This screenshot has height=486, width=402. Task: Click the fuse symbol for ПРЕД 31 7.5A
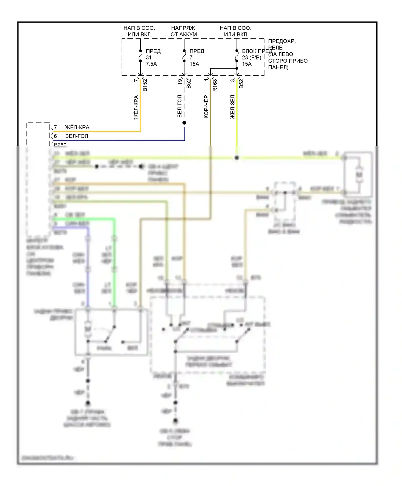tap(140, 56)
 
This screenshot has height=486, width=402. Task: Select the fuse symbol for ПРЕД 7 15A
tap(184, 56)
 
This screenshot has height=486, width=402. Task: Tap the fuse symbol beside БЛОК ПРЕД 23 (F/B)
tap(237, 56)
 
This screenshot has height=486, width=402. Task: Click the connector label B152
tap(145, 85)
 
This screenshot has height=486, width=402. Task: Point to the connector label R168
tap(215, 85)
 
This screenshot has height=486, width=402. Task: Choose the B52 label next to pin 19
tap(189, 84)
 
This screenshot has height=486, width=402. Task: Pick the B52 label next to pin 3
tap(241, 84)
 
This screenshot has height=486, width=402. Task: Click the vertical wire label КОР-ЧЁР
tap(206, 107)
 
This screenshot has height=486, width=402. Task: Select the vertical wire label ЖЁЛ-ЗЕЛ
tap(232, 107)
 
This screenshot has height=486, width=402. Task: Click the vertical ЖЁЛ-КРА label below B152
tap(136, 107)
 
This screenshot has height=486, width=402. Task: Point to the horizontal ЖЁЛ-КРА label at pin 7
tap(77, 127)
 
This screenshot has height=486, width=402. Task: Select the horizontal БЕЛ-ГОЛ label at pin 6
tap(77, 136)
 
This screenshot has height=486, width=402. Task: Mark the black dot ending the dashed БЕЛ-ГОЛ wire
tap(184, 123)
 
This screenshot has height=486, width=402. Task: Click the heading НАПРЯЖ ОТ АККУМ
tap(184, 31)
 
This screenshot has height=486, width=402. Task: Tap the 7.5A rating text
tap(151, 64)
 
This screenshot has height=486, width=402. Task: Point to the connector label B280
tap(60, 145)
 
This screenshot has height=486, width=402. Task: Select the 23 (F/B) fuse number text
tap(251, 58)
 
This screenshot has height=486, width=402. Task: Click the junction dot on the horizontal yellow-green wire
tap(237, 158)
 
